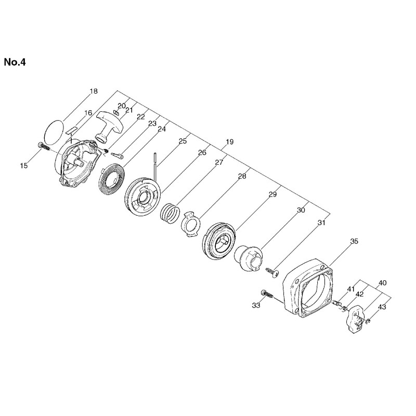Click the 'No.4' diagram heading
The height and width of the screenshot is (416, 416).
coord(15,62)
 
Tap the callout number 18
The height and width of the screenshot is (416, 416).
coord(94,92)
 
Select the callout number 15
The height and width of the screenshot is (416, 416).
coord(23,165)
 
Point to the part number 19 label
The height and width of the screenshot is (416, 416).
coord(230,141)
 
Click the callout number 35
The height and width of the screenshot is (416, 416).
coord(354,241)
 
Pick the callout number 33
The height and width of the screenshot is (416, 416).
coord(256,305)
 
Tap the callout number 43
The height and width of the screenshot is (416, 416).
coord(382,307)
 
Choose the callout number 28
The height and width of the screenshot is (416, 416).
coord(242,176)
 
